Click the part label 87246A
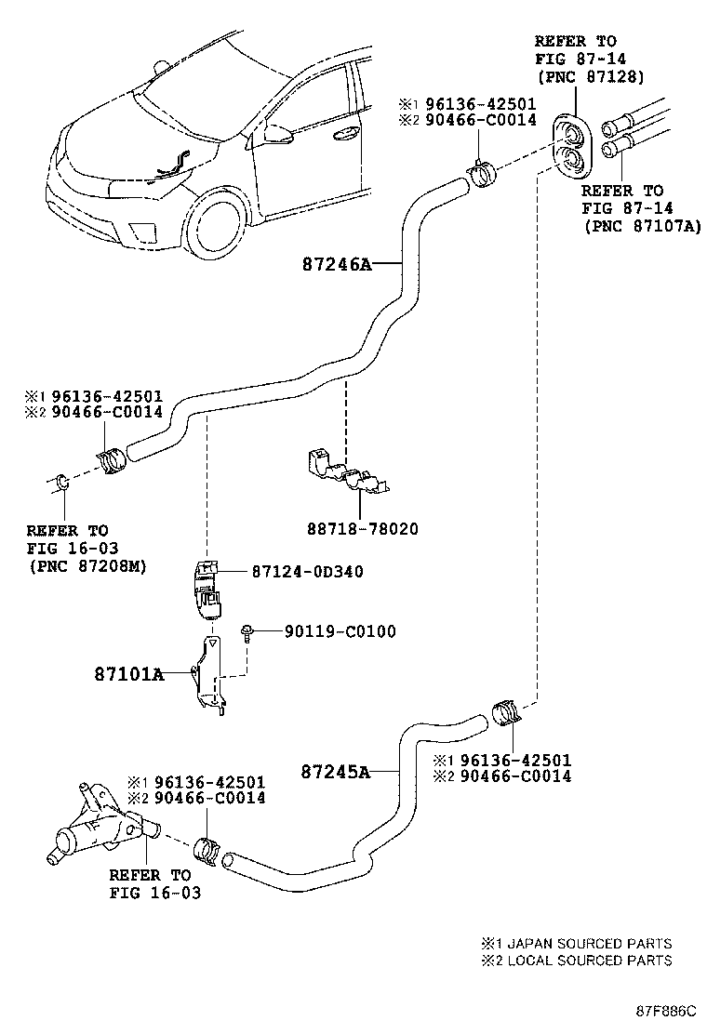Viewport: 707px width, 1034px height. (x=337, y=264)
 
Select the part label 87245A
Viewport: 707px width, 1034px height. (x=336, y=771)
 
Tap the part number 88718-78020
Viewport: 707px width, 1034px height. (x=362, y=529)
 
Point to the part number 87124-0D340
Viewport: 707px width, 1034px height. (x=307, y=571)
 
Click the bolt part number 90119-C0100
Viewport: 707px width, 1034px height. (x=340, y=631)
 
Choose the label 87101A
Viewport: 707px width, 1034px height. (x=128, y=674)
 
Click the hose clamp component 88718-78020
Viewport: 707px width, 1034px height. (x=346, y=471)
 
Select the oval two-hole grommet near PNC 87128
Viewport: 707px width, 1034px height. (x=572, y=146)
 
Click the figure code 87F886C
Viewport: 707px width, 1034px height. (x=665, y=1010)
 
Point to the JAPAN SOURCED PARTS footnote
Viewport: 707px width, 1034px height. (x=577, y=943)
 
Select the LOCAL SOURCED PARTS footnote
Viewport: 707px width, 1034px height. (x=577, y=961)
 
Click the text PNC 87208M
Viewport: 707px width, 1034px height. (x=87, y=565)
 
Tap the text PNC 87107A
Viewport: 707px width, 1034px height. (x=643, y=226)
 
